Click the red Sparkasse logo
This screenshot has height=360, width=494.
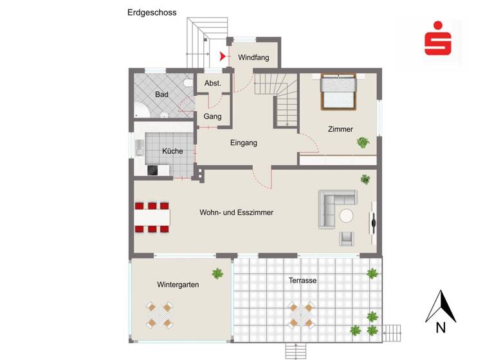(x=438, y=40)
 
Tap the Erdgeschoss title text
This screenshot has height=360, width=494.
(x=152, y=12)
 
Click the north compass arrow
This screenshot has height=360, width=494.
(x=441, y=307)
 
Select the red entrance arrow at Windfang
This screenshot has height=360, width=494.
(x=223, y=57)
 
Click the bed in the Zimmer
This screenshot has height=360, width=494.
(x=338, y=91)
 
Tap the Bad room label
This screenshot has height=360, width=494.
(x=161, y=94)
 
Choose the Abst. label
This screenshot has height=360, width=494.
(x=213, y=84)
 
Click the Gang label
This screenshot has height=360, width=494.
(x=212, y=116)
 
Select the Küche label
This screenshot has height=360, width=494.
(x=172, y=151)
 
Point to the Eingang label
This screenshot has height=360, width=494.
(x=244, y=143)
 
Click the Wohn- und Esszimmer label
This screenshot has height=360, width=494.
(x=237, y=212)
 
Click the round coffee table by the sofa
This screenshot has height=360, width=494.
(x=347, y=215)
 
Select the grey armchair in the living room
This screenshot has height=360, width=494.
(x=347, y=239)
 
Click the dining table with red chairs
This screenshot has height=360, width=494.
(x=152, y=217)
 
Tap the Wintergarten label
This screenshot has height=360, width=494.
(x=178, y=284)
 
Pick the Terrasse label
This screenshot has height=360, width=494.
(x=302, y=281)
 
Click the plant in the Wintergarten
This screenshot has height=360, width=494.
(x=218, y=273)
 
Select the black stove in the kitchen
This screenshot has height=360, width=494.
(x=153, y=170)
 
